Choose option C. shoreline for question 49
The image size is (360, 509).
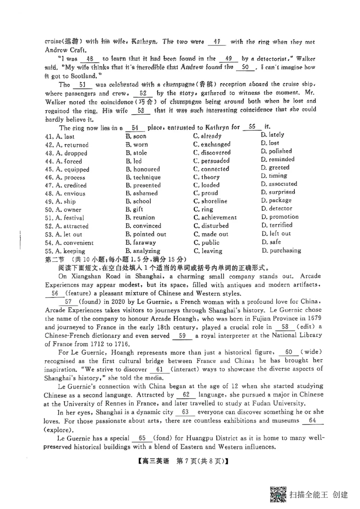(x=210, y=201)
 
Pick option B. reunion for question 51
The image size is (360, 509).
(x=140, y=218)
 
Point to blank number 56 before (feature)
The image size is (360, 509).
(x=55, y=293)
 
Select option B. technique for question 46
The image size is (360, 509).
(x=143, y=177)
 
